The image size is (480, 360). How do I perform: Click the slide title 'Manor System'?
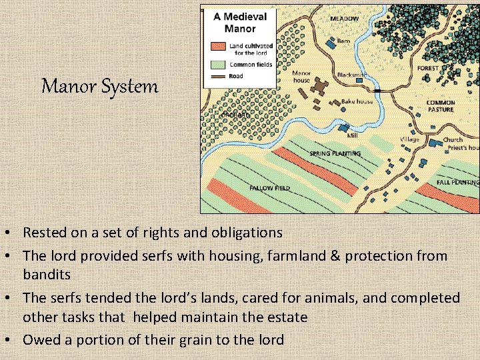[x=100, y=86]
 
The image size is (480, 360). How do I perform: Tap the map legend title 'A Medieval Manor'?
[x=240, y=23]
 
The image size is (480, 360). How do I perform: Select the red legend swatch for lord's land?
[x=219, y=47]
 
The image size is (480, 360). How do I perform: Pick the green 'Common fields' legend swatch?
[x=219, y=65]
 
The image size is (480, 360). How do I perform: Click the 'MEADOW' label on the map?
[x=345, y=19]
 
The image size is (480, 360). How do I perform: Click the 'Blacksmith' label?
[x=352, y=75]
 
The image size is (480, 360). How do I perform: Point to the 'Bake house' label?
[x=357, y=101]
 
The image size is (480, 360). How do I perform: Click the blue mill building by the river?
[x=344, y=127]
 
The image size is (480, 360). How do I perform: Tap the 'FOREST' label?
[x=428, y=68]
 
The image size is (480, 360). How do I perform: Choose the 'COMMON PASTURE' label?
[x=441, y=106]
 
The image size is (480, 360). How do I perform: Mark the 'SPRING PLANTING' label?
[x=335, y=153]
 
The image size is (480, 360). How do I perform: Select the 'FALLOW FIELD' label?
[x=269, y=188]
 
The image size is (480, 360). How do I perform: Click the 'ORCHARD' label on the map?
[x=235, y=115]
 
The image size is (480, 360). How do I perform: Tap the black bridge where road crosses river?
[x=377, y=90]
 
